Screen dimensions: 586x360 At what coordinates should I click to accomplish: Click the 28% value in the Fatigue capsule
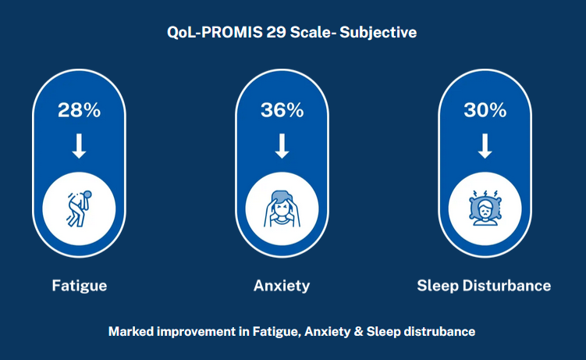pyautogui.click(x=79, y=110)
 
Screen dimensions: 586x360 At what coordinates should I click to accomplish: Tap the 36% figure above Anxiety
pyautogui.click(x=282, y=110)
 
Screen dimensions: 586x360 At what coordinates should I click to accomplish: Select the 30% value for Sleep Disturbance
pyautogui.click(x=485, y=110)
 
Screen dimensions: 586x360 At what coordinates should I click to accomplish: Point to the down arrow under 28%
pyautogui.click(x=79, y=146)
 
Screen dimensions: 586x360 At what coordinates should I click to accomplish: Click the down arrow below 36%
pyautogui.click(x=282, y=146)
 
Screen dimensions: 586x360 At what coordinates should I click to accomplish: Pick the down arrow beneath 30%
pyautogui.click(x=485, y=146)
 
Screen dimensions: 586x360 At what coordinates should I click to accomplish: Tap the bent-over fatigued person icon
pyautogui.click(x=80, y=209)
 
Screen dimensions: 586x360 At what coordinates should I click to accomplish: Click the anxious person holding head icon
pyautogui.click(x=282, y=209)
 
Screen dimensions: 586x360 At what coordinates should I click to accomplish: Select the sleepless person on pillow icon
pyautogui.click(x=485, y=208)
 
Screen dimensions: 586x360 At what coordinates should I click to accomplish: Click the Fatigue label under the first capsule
pyautogui.click(x=80, y=286)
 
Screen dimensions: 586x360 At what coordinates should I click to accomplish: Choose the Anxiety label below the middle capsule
pyautogui.click(x=282, y=286)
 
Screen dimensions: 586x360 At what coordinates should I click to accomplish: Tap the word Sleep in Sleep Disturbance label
pyautogui.click(x=438, y=287)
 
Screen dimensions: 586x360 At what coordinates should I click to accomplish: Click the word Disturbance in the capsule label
pyautogui.click(x=506, y=286)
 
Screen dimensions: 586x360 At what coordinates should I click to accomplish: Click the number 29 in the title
pyautogui.click(x=276, y=32)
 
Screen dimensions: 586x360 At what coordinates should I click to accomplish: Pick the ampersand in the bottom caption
pyautogui.click(x=359, y=332)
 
